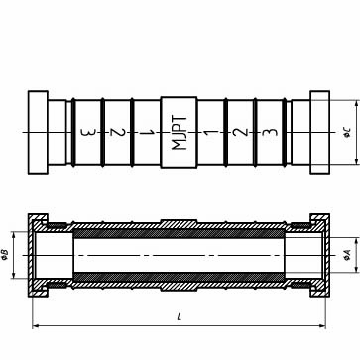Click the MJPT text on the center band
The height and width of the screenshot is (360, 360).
180,133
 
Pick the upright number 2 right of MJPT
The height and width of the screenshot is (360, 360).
240,132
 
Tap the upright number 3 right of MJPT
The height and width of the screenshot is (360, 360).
270,132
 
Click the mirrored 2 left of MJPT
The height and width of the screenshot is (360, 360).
118,133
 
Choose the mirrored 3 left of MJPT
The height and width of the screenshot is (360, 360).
88,133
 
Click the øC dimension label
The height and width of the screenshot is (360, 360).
347,133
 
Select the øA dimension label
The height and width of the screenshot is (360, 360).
347,255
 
